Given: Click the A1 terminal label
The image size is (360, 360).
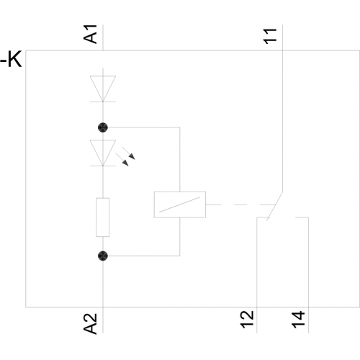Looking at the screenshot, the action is [x=90, y=34].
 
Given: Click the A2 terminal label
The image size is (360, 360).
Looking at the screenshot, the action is [x=90, y=323].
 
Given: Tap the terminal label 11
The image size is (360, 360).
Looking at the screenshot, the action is [x=270, y=37].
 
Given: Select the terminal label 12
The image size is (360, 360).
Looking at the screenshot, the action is [x=247, y=320].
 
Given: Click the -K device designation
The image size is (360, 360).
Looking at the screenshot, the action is [x=11, y=59].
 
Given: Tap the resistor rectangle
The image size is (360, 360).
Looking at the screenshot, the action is [x=103, y=217].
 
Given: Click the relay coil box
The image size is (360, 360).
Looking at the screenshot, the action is [x=180, y=204].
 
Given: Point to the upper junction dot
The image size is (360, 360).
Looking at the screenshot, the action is [x=103, y=127].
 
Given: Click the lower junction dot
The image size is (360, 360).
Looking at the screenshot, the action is [x=103, y=256].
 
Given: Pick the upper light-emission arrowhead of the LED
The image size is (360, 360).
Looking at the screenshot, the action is [x=132, y=157].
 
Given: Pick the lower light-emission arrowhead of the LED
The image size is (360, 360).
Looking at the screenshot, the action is [x=125, y=163].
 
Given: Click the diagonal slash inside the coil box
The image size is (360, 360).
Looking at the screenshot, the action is [x=179, y=204].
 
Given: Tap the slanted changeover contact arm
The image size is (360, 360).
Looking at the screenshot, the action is [x=274, y=206].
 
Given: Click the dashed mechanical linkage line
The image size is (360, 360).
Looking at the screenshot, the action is [x=240, y=204].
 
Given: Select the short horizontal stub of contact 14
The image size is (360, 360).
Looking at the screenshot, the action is [x=302, y=217].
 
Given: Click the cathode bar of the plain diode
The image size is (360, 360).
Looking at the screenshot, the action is [x=103, y=102].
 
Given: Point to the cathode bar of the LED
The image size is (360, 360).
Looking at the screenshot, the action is [x=103, y=166].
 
